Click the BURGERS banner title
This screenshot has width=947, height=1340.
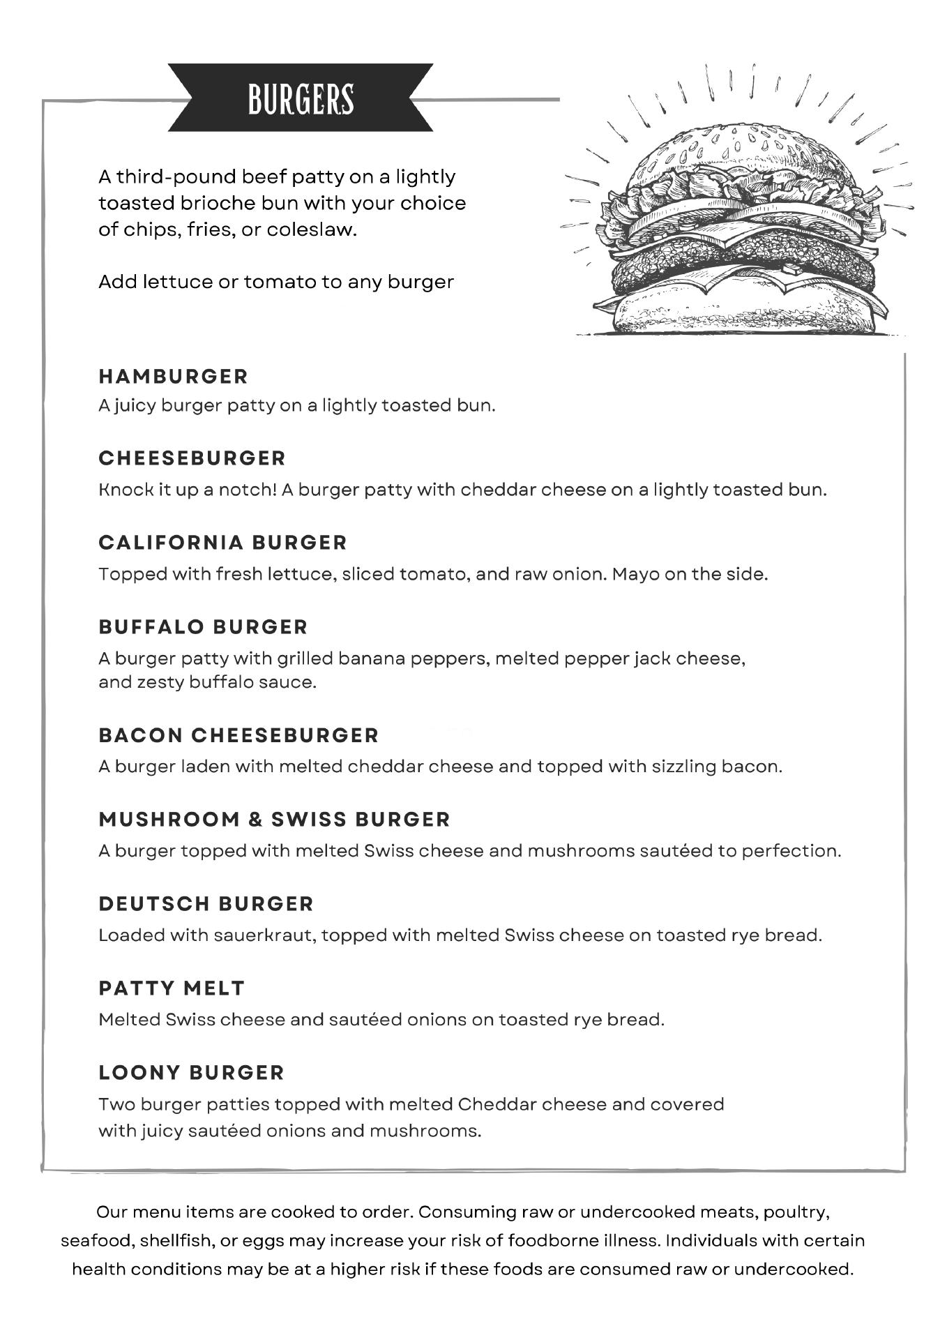pyautogui.click(x=301, y=99)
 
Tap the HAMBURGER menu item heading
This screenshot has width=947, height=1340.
pyautogui.click(x=173, y=377)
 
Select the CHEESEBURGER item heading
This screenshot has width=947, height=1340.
pyautogui.click(x=192, y=458)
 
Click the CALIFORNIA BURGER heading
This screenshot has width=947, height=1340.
pyautogui.click(x=222, y=543)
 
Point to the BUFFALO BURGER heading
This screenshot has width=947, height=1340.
pyautogui.click(x=203, y=627)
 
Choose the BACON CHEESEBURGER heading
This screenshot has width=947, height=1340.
pyautogui.click(x=238, y=735)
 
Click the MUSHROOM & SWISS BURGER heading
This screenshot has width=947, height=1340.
pyautogui.click(x=275, y=820)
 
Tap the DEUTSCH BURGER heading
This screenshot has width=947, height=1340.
pyautogui.click(x=206, y=904)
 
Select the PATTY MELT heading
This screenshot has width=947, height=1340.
pyautogui.click(x=172, y=988)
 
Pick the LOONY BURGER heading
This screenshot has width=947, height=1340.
pyautogui.click(x=192, y=1073)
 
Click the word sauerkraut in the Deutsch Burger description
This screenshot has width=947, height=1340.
pyautogui.click(x=253, y=935)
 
